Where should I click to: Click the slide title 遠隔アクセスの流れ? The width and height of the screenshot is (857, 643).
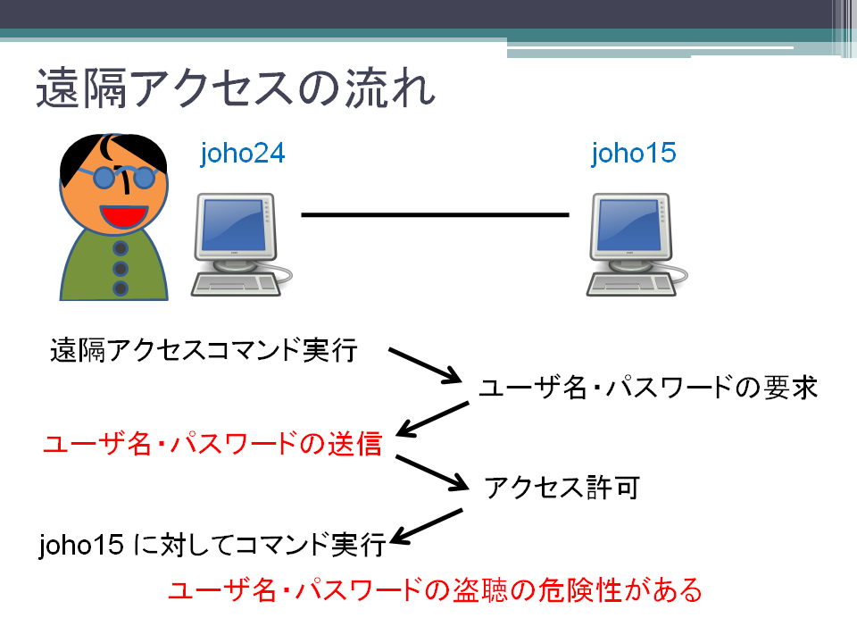coord(236,88)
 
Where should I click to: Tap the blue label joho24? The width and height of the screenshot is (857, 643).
coord(243,153)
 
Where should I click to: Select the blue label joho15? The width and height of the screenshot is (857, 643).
coord(634,153)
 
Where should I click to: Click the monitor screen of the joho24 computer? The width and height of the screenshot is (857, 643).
coord(233,225)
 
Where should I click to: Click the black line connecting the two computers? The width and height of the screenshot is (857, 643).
coord(435,215)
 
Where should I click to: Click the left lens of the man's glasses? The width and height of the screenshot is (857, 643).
coord(104,178)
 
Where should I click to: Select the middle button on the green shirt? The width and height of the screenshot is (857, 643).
coord(121,269)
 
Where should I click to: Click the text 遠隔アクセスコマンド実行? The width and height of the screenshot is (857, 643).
coord(204,350)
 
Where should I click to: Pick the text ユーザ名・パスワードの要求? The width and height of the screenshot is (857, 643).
coord(648,387)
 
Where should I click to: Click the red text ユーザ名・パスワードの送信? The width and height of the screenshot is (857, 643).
coord(212,443)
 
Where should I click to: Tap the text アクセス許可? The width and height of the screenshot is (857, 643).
coord(562,488)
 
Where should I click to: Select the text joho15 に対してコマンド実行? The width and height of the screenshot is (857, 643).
coord(212,545)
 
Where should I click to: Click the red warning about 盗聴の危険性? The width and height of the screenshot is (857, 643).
coord(435,590)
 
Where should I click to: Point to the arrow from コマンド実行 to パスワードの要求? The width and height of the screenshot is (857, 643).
coord(425,364)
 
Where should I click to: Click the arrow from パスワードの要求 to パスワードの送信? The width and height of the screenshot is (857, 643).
coord(432,420)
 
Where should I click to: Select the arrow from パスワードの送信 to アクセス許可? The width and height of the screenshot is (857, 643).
coord(432,472)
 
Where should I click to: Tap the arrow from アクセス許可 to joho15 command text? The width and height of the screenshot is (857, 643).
coord(427,527)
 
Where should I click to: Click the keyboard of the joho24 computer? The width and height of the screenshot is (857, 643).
coord(236,284)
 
